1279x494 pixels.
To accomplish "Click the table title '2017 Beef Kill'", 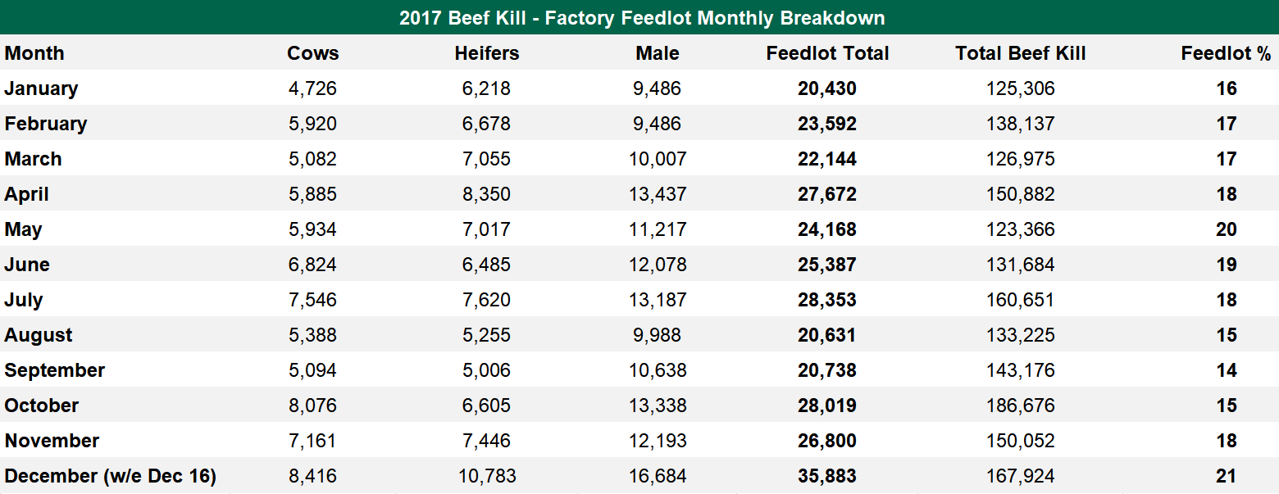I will (641, 17).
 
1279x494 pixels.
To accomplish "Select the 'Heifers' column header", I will (487, 53).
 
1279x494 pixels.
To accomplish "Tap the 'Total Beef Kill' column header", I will (1020, 53).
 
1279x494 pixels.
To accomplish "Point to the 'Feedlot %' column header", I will (1226, 53).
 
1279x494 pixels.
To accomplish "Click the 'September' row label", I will (55, 370).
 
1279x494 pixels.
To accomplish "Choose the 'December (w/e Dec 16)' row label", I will (110, 476).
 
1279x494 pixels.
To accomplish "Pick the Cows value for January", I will (312, 88).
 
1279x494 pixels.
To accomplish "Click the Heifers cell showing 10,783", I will (487, 476).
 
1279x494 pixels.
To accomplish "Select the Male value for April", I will (658, 194).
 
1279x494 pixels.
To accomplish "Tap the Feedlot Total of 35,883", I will (826, 476).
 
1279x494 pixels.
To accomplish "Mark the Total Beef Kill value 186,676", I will (1020, 406).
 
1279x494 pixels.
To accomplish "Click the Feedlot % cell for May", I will (1226, 229).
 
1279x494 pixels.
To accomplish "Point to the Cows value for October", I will (312, 406).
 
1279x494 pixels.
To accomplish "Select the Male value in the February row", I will (658, 124).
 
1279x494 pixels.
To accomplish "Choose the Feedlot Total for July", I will (826, 300).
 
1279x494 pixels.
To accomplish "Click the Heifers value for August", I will (487, 335).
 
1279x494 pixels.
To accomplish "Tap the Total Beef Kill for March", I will (1020, 159).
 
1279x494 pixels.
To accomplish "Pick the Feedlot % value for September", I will (1226, 370).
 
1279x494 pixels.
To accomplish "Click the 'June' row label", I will (27, 265).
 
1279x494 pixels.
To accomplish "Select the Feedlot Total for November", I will (826, 441).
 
